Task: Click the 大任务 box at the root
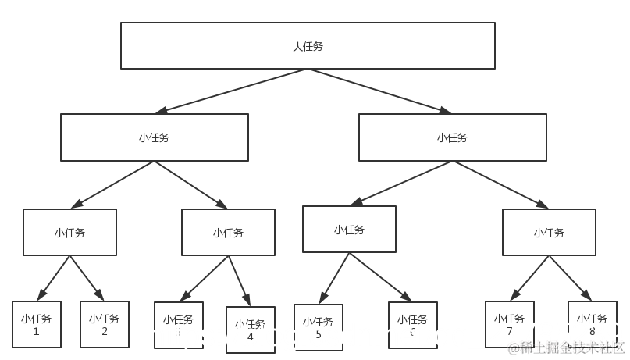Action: coord(308,45)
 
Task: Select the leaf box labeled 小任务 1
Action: coord(37,324)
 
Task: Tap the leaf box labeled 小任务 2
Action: coord(105,324)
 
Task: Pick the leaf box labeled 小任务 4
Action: coord(251,330)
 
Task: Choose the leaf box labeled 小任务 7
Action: coord(509,324)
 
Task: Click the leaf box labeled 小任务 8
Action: coord(592,324)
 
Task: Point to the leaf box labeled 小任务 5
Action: coord(319,327)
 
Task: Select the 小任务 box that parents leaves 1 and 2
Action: coord(69,232)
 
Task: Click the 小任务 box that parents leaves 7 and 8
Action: coord(549,232)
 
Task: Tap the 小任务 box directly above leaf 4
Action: coord(228,232)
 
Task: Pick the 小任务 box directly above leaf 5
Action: coord(349,229)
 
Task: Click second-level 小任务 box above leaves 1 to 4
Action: coord(155,137)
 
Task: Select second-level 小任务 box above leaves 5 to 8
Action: coord(452,137)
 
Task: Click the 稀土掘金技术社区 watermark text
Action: coord(566,348)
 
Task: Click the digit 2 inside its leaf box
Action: coord(105,331)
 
